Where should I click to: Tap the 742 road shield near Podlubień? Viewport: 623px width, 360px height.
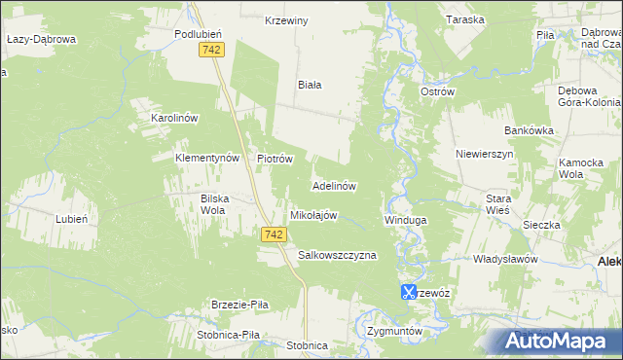click(210, 50)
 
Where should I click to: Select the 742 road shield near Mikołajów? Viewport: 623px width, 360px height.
click(274, 234)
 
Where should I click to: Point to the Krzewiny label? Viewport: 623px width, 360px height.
click(286, 19)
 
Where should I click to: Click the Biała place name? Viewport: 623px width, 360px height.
click(310, 85)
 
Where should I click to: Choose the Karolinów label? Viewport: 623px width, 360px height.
click(174, 118)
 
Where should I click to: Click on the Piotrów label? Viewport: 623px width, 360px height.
click(275, 158)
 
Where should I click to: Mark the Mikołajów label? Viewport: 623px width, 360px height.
click(313, 215)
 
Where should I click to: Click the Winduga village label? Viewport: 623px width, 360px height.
click(406, 221)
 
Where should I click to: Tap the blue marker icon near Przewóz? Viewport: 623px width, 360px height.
click(409, 292)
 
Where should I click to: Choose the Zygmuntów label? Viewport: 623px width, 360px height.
click(395, 331)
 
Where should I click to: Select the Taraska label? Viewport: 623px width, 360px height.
click(465, 19)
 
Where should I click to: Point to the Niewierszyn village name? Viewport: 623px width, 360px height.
click(484, 154)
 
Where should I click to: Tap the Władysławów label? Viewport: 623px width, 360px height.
click(505, 260)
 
